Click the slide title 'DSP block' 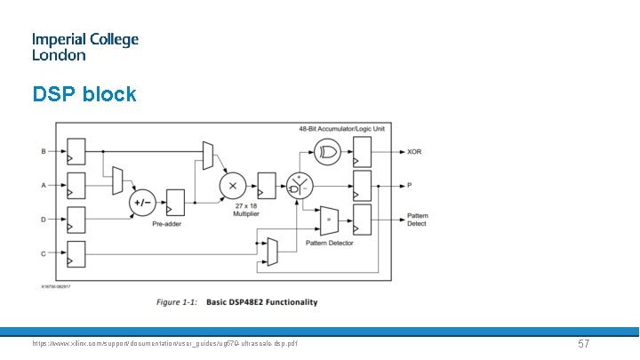coord(84,93)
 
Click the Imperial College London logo coord(85,46)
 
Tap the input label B coord(44,151)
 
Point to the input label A coord(44,185)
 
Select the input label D coord(44,219)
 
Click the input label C coord(44,252)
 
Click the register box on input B coord(76,151)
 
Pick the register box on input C coord(76,252)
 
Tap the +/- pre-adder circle coord(142,202)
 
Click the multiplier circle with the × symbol coord(233,186)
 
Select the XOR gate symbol coord(329,152)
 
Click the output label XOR coord(414,152)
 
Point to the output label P coord(410,186)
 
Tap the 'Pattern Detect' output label coord(417,220)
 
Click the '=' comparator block coord(330,219)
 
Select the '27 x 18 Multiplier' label coord(234,211)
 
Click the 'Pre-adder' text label coord(166,226)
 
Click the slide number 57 coord(584,343)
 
